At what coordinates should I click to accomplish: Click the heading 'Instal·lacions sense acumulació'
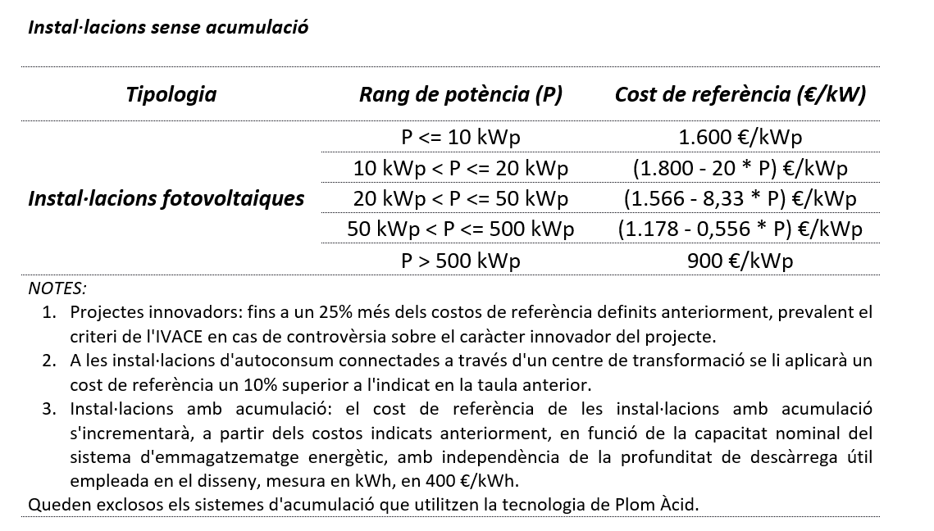coord(168,27)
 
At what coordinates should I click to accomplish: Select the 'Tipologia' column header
coord(171,94)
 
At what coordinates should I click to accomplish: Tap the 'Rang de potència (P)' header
coord(460,94)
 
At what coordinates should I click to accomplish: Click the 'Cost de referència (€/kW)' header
coord(740,94)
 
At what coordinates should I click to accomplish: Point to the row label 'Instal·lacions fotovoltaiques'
coord(166,198)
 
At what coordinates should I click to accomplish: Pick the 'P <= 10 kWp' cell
coord(460,137)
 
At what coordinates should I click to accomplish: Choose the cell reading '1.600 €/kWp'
coord(740,137)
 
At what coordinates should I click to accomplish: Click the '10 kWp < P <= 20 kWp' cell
coord(460,168)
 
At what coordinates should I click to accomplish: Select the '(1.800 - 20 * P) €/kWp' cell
coord(740,168)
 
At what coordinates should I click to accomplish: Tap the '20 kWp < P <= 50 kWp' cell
coord(460,198)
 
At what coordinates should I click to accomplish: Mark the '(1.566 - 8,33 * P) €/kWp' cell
coord(740,198)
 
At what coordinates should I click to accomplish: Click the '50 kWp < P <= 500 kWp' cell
coord(460,229)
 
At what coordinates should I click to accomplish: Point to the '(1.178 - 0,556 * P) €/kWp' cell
coord(740,229)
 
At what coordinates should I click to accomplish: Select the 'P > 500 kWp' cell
coord(460,261)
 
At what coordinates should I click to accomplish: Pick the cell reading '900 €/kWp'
coord(740,261)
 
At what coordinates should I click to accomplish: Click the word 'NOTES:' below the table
coord(57,288)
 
